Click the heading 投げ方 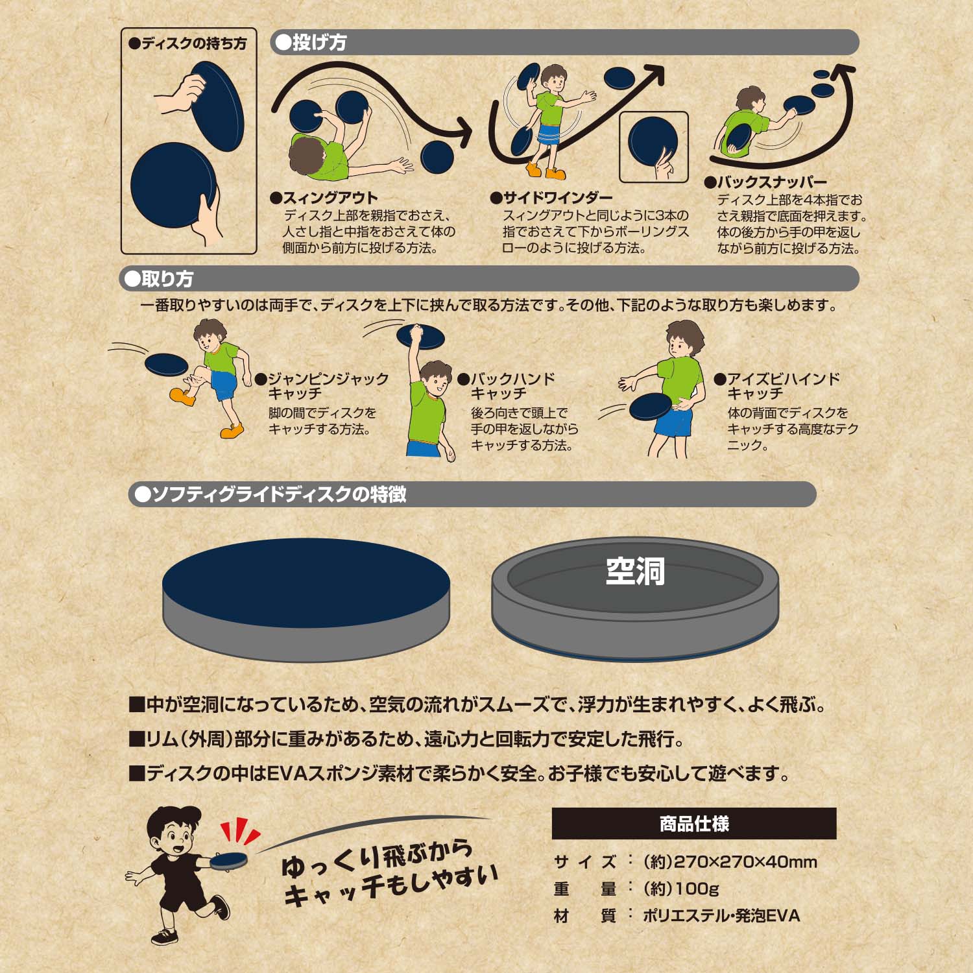tap(311, 43)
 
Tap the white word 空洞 tap(635, 571)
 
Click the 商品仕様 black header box tap(694, 824)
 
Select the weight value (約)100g tap(680, 889)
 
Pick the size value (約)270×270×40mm tap(730, 862)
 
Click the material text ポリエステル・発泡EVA tap(721, 916)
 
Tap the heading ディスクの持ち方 tap(188, 43)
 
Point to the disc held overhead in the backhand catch tap(420, 336)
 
